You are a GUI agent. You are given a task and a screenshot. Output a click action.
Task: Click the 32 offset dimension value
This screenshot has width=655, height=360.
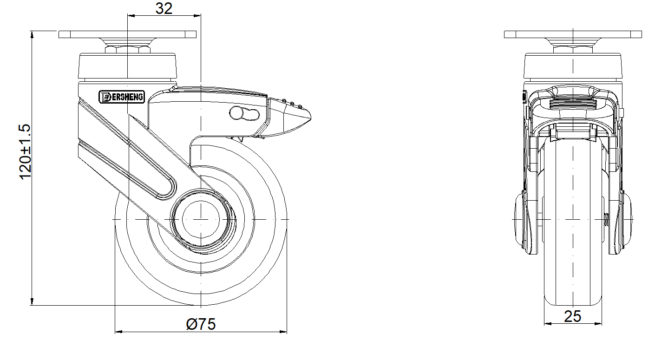tap(164, 8)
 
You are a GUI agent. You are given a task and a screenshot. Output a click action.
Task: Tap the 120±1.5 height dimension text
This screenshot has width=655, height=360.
tap(25, 152)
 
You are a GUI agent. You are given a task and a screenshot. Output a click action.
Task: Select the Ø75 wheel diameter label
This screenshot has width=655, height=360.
tap(201, 324)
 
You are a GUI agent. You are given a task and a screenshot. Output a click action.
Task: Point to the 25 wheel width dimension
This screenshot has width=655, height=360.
tap(572, 316)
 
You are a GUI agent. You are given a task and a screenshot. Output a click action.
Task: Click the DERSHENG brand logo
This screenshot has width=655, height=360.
tap(122, 97)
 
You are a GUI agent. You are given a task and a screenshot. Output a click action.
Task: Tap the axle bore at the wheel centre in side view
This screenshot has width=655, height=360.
tap(201, 219)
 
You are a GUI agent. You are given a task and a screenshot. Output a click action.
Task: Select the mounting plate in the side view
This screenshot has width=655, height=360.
tap(127, 34)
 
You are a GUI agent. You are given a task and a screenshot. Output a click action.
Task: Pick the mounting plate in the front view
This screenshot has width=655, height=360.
tap(573, 34)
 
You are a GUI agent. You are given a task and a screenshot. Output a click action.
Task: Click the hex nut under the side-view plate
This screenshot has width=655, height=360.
tap(127, 49)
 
